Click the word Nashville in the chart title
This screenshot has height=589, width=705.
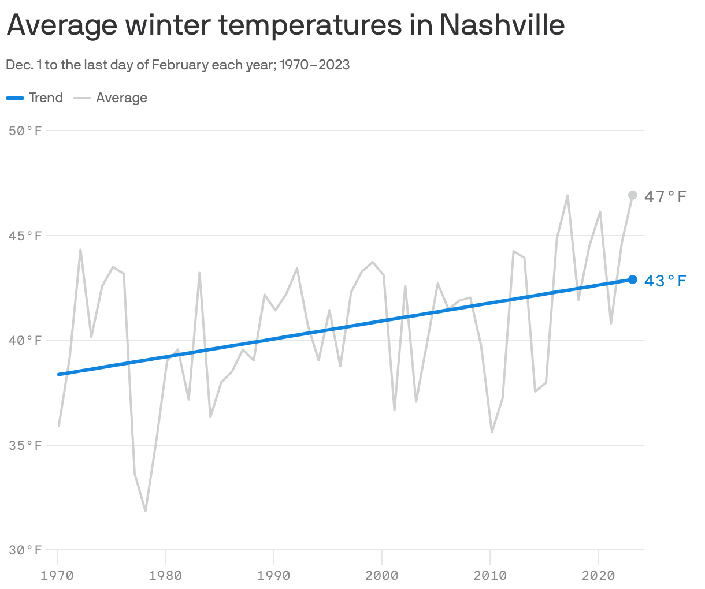(502, 24)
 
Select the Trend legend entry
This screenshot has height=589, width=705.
(46, 98)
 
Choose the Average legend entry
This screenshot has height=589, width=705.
(121, 98)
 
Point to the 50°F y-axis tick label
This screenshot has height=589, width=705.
(26, 131)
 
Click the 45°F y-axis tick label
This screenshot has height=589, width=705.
(26, 236)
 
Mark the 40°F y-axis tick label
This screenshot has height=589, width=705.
(26, 341)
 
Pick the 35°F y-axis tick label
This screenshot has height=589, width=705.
(26, 445)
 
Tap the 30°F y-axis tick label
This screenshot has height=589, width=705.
(26, 550)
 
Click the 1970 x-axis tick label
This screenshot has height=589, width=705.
(57, 576)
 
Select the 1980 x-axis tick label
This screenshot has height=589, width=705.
(165, 576)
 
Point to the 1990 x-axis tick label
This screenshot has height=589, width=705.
(274, 576)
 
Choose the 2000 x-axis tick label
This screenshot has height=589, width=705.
(382, 576)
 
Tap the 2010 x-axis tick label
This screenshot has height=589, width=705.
(490, 576)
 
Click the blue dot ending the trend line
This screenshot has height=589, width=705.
(632, 279)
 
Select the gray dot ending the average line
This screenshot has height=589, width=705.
(632, 195)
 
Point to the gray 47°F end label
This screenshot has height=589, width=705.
(665, 197)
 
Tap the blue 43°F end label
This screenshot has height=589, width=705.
(665, 281)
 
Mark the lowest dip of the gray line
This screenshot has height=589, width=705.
(145, 511)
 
